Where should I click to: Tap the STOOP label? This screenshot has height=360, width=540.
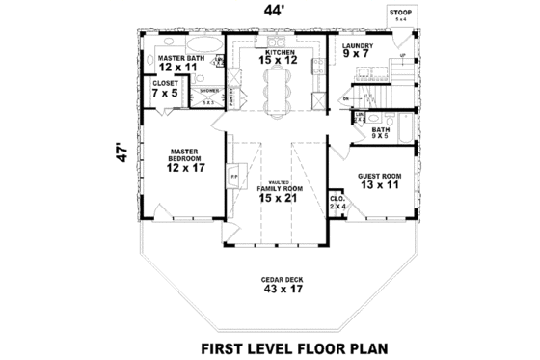point(398,14)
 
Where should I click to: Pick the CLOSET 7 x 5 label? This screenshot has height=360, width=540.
point(165,89)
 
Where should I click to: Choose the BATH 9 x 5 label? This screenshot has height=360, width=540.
point(381,131)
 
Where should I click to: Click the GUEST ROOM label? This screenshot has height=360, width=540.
point(379,180)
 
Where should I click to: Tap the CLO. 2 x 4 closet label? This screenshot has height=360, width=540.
point(337,202)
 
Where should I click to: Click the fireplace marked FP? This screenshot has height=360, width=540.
point(233,178)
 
